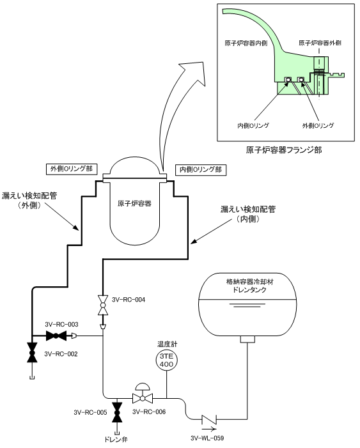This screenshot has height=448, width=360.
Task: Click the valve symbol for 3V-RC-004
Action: click(103, 305)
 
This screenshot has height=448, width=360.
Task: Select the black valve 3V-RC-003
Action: click(56, 336)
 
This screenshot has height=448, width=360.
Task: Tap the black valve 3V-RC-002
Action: click(32, 352)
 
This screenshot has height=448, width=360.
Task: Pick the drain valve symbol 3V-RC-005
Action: click(116, 412)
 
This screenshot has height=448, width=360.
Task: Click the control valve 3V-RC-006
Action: click(143, 394)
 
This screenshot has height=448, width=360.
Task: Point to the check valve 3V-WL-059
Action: click(208, 420)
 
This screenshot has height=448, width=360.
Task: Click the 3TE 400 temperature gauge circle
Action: click(167, 360)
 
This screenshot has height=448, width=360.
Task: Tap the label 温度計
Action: click(167, 344)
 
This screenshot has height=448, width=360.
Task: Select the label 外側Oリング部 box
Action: click(72, 169)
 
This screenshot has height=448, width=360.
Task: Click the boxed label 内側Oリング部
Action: click(201, 170)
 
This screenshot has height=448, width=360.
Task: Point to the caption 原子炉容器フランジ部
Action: click(284, 150)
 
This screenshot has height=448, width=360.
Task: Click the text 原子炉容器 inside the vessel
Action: click(134, 204)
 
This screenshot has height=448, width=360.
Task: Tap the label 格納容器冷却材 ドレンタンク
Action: click(249, 286)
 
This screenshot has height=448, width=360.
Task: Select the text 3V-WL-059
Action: click(207, 438)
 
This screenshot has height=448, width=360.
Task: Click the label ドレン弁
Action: click(116, 440)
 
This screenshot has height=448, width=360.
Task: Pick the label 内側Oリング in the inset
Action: click(253, 126)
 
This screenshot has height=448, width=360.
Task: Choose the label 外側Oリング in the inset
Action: click(318, 126)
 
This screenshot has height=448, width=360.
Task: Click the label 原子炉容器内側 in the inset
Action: click(246, 43)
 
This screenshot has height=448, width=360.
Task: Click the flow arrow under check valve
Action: click(209, 429)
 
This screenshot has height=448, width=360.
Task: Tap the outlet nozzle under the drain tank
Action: click(247, 339)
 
